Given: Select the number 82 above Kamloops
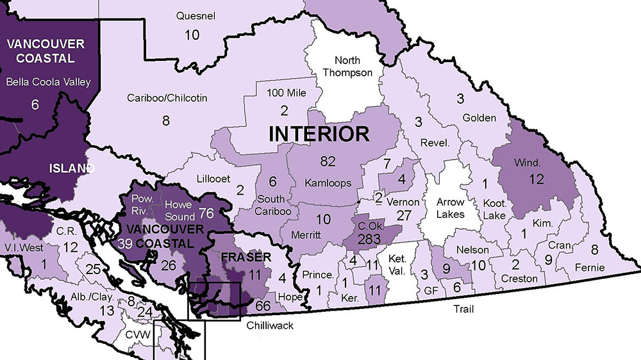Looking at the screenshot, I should (328, 161).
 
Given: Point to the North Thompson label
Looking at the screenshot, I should (347, 66).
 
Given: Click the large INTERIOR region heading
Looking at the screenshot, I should (319, 134).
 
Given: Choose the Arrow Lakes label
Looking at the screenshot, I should (451, 208).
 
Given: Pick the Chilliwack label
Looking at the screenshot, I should (271, 325).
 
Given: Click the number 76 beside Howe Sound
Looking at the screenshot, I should (206, 212).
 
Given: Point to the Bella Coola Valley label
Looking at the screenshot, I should (48, 81).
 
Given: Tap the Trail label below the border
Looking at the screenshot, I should (463, 309).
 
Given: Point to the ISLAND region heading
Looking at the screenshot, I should (72, 168).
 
